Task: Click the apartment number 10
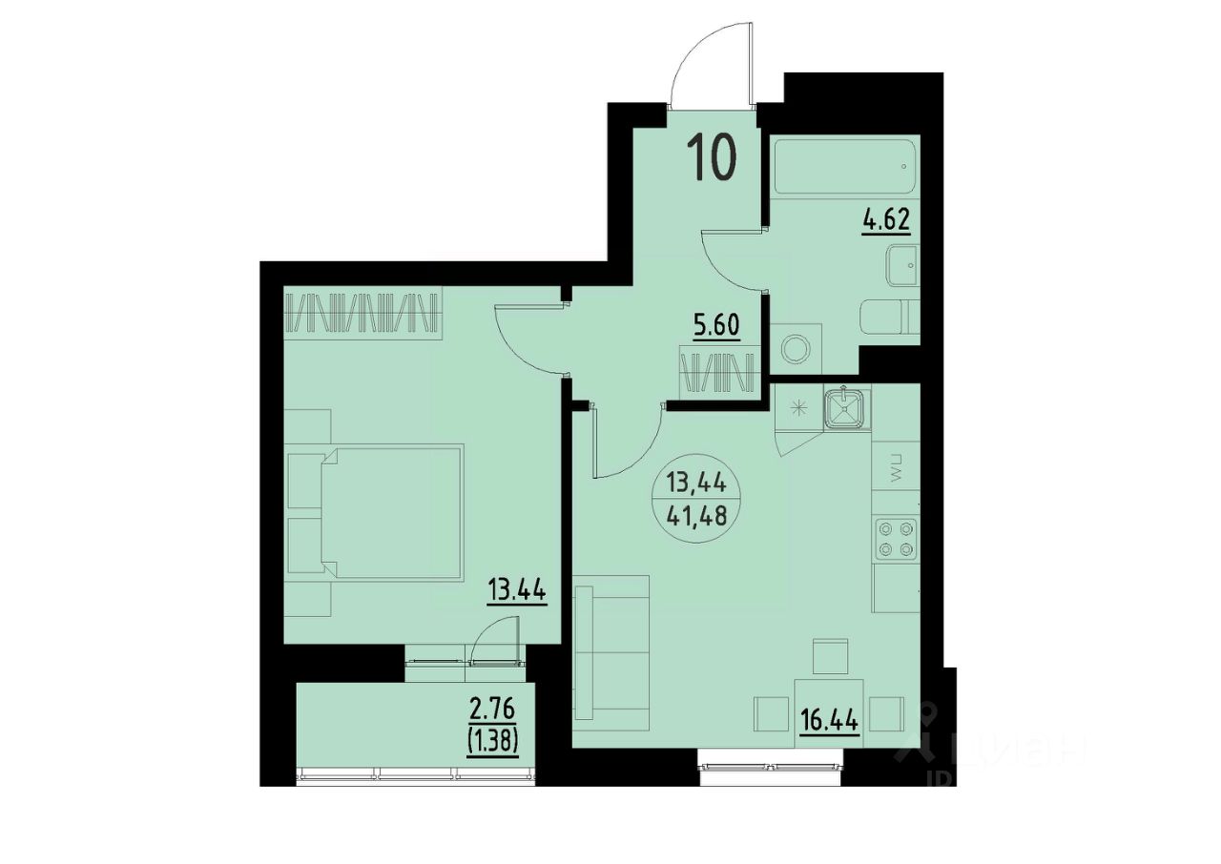click(712, 157)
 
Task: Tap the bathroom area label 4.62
click(887, 220)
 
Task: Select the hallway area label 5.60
click(716, 326)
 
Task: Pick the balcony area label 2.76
click(493, 710)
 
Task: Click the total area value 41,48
click(697, 515)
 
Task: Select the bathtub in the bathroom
click(844, 167)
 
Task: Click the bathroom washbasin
click(902, 265)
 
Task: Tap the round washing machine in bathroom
click(796, 348)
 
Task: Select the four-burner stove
click(896, 540)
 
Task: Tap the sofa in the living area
click(612, 652)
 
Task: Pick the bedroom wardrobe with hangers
click(362, 313)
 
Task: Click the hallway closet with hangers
click(720, 373)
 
